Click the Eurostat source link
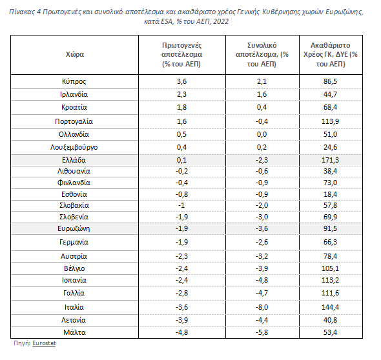click(44, 343)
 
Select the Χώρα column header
click(75, 54)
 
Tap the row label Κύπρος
click(74, 81)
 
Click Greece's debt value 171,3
click(330, 160)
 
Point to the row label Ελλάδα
click(74, 160)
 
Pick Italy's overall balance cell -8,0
click(262, 307)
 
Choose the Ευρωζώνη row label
click(74, 228)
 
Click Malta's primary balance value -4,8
click(181, 332)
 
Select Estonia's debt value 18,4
click(330, 194)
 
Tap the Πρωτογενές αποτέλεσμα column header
click(181, 55)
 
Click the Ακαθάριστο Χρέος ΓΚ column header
click(331, 55)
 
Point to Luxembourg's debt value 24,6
click(330, 147)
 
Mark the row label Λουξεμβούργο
click(74, 147)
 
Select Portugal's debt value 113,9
click(330, 121)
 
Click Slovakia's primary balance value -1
click(181, 205)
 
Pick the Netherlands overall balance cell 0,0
click(262, 134)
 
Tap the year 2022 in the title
click(221, 21)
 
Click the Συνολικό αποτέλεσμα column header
click(262, 55)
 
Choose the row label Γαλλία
click(74, 294)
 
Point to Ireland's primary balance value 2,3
click(181, 94)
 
